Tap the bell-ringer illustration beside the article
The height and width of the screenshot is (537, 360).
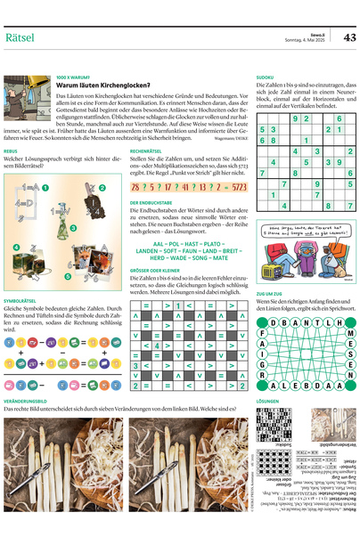coord(27,92)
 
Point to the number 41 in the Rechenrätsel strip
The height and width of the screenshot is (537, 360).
coord(184,189)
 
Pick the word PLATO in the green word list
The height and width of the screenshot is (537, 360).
coord(213,242)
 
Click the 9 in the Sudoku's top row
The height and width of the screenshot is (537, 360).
coord(295,118)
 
